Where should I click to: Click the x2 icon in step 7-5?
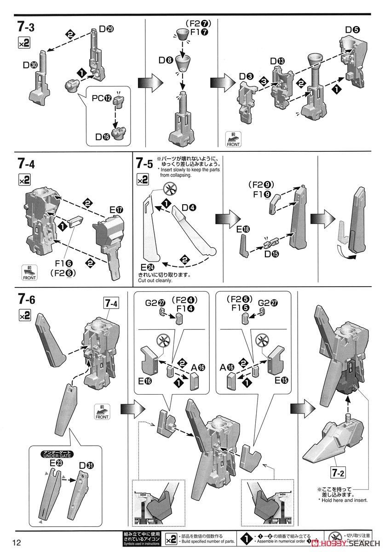click(143, 181)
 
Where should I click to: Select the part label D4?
click(189, 207)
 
